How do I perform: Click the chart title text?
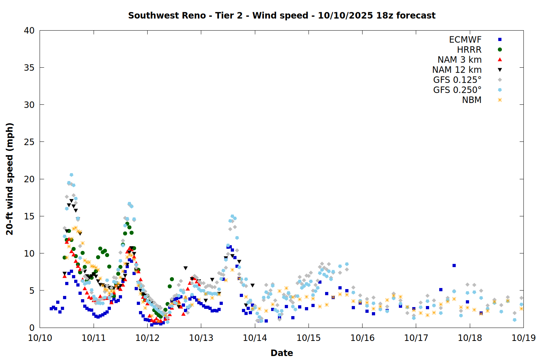coord(282,15)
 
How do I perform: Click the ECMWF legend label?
coord(465,40)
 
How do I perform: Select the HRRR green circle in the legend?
coord(500,50)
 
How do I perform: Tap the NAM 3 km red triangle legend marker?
coord(500,60)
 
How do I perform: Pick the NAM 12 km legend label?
coord(457,70)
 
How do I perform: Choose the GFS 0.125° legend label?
coord(457,80)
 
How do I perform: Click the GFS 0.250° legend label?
coord(457,90)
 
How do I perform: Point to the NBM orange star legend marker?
coord(500,100)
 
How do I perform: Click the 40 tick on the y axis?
coord(29,31)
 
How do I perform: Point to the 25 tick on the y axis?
coord(29,142)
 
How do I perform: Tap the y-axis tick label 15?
coord(29,216)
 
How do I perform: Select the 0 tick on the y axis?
coord(32,328)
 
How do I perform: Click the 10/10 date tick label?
coord(40,338)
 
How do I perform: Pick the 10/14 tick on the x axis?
coord(255,338)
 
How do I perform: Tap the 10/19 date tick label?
coord(523,338)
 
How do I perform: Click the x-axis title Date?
coord(282,353)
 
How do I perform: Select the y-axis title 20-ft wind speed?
coord(10,179)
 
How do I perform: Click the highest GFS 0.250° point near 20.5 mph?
coord(71,175)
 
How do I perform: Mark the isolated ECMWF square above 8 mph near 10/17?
coord(454,266)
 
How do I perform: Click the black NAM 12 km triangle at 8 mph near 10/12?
coord(185,268)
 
